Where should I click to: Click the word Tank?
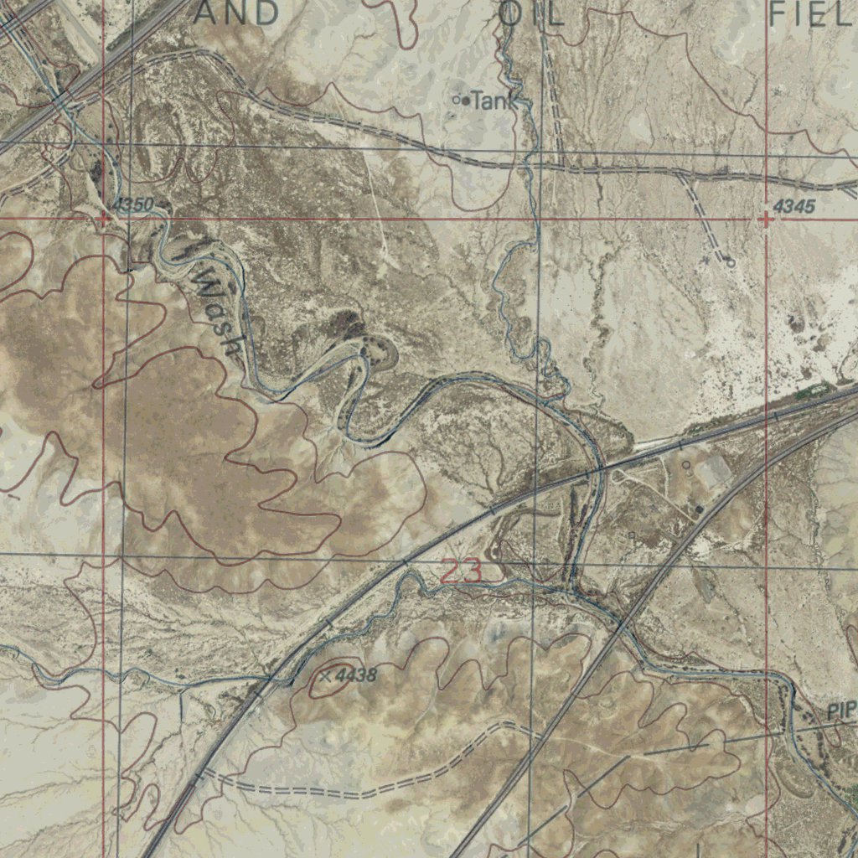490,102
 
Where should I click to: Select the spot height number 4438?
355,675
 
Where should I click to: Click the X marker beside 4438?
326,675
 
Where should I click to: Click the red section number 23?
462,571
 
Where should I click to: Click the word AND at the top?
237,13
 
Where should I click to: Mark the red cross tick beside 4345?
766,220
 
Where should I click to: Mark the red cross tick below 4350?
102,220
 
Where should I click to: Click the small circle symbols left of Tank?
460,101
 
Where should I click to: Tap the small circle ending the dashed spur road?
730,263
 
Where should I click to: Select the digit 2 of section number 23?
452,571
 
